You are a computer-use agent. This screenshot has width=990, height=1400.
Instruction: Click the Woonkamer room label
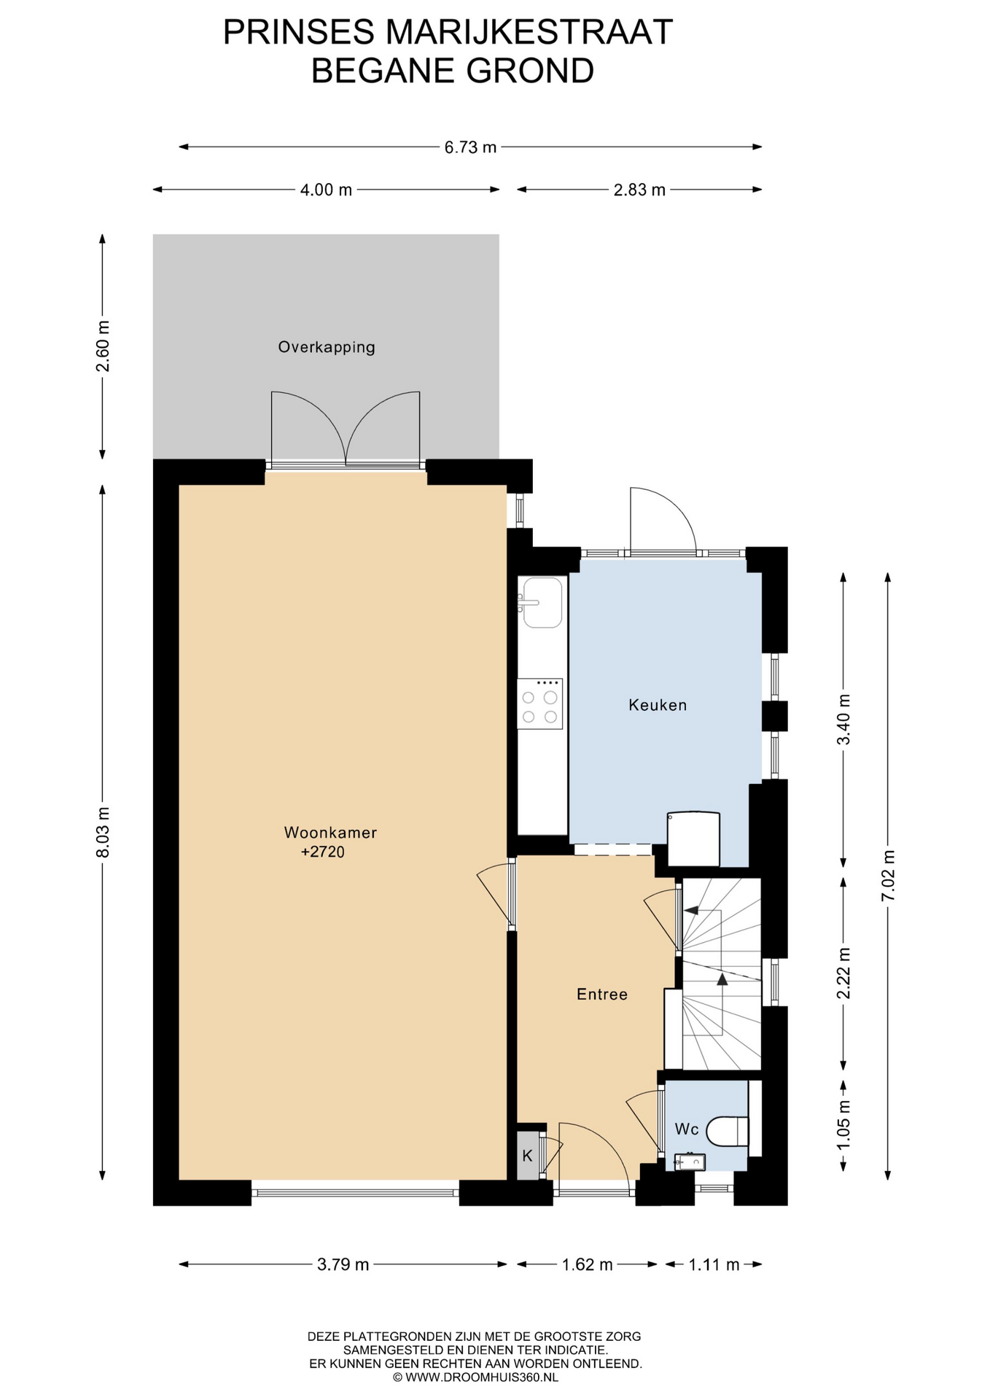[x=330, y=833]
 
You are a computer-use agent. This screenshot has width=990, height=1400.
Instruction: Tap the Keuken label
[x=658, y=705]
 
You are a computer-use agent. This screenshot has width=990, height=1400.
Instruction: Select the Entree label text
[x=602, y=995]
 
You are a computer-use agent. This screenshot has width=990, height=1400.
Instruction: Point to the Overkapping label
[x=327, y=347]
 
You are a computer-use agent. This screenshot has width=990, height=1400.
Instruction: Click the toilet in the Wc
[x=731, y=1131]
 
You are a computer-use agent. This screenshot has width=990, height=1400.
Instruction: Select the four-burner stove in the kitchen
[x=540, y=704]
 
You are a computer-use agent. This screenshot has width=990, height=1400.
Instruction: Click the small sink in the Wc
[x=689, y=1162]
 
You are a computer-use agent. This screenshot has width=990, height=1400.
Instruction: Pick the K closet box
[x=527, y=1155]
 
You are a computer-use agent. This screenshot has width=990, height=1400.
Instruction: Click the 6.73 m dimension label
[x=470, y=147]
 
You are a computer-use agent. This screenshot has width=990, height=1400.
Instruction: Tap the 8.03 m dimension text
[x=103, y=832]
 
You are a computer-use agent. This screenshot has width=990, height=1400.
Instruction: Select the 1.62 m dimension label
[x=587, y=1264]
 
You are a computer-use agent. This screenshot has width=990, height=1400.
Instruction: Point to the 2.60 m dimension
[x=103, y=346]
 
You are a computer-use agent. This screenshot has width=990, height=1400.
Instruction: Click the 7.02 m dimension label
[x=888, y=875]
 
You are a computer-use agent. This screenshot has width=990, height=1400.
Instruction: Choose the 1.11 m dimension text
[x=714, y=1264]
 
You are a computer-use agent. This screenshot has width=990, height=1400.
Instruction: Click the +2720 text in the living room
[x=322, y=852]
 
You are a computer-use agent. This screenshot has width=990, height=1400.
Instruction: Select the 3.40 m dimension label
[x=843, y=719]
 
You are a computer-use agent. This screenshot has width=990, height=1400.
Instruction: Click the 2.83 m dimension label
[x=639, y=190]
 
